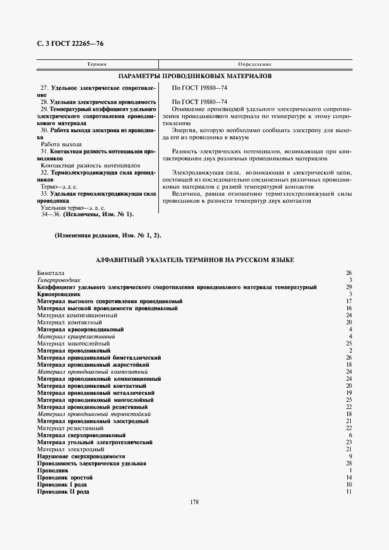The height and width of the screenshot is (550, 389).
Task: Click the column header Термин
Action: click(x=97, y=63)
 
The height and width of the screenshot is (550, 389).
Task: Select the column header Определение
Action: click(x=254, y=63)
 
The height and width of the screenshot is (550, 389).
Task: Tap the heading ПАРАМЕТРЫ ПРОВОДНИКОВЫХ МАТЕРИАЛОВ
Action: click(x=195, y=76)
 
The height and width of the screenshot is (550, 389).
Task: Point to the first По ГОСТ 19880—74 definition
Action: click(x=199, y=88)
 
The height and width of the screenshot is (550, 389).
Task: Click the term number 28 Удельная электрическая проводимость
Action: click(x=98, y=102)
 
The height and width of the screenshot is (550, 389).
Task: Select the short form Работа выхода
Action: click(x=61, y=143)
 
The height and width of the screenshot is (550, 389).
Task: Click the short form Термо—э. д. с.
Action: click(x=61, y=186)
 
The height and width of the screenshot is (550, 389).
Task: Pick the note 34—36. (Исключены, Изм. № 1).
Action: click(x=87, y=214)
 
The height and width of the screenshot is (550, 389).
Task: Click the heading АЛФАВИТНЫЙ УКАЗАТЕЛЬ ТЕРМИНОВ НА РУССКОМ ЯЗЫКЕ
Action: click(x=195, y=260)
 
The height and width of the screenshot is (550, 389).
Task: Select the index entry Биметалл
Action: click(x=51, y=273)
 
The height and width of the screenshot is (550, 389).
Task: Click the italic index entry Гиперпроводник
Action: click(x=59, y=280)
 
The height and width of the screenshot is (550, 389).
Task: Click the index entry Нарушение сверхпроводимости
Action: click(x=81, y=457)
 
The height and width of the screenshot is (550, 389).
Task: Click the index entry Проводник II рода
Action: click(x=63, y=492)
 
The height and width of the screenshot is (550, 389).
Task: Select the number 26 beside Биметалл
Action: click(x=348, y=273)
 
